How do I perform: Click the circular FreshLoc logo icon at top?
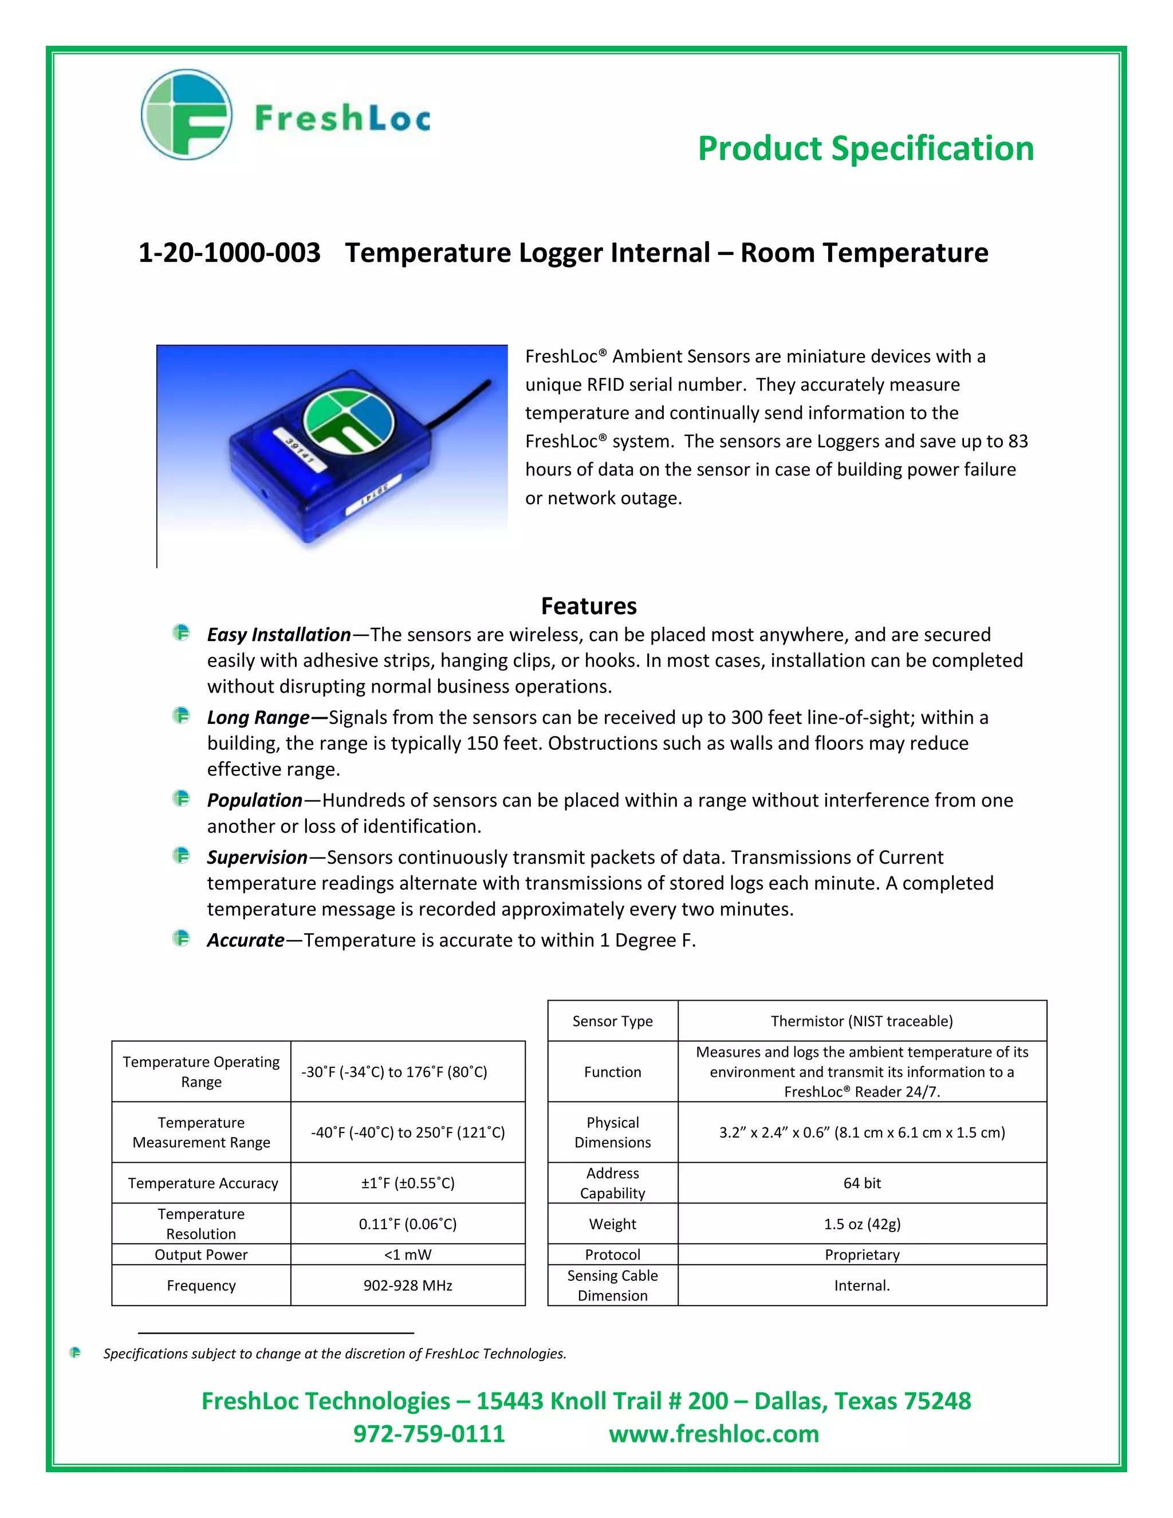(186, 115)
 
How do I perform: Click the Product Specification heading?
(865, 149)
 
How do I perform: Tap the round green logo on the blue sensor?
(349, 422)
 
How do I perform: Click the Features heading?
(589, 606)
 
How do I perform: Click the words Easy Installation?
(279, 635)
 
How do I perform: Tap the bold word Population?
(254, 800)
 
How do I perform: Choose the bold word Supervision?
(257, 857)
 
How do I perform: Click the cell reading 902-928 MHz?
(408, 1285)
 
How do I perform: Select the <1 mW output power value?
(408, 1254)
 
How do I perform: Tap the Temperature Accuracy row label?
(202, 1183)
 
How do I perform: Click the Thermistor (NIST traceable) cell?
(861, 1021)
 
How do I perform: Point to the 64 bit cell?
(861, 1183)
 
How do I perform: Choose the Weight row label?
(612, 1224)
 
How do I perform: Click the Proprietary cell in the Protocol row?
(861, 1254)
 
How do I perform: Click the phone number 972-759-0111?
(429, 1433)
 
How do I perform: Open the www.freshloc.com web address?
(714, 1433)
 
